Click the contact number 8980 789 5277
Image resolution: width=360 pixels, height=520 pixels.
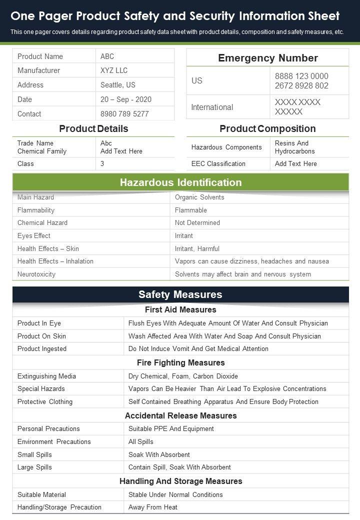(124, 114)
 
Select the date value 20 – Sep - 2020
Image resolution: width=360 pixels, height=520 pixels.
(126, 99)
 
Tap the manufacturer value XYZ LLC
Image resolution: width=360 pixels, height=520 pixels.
(114, 70)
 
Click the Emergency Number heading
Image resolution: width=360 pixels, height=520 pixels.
(267, 58)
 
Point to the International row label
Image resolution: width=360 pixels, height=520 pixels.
(212, 107)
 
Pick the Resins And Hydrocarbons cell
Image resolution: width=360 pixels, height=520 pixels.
(295, 147)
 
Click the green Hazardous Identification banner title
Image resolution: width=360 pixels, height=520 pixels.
(180, 182)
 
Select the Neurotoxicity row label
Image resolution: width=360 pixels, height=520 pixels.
(36, 274)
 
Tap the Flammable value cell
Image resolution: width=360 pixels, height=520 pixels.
(191, 210)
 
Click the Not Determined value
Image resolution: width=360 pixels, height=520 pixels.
(197, 222)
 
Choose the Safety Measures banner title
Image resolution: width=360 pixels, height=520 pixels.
(180, 294)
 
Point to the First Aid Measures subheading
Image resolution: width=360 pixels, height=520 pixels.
(180, 309)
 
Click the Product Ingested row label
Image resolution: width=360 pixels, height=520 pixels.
(42, 348)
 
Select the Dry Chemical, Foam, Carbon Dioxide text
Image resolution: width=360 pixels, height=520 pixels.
(183, 376)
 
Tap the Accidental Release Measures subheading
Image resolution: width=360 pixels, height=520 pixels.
(180, 415)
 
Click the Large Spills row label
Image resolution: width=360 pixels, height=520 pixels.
(34, 467)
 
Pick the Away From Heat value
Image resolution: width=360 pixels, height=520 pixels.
(153, 507)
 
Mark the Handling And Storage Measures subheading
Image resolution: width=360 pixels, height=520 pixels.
(180, 481)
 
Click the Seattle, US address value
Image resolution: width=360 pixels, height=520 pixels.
(118, 85)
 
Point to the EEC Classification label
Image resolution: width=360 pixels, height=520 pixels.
(218, 163)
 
